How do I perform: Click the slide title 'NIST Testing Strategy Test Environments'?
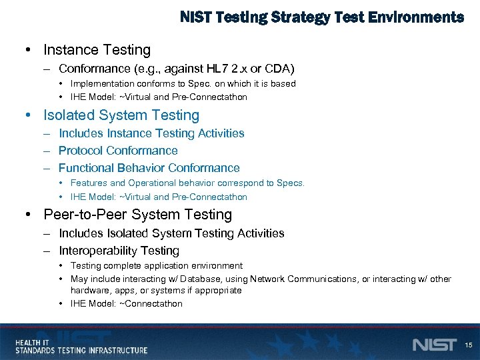pos(322,17)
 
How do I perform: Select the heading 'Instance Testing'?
pos(97,50)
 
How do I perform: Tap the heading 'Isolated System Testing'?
pos(121,115)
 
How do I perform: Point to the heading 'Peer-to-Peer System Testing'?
pos(137,215)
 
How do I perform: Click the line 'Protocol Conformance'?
pos(118,151)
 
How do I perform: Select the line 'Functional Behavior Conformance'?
pos(149,168)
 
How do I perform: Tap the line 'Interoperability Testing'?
pos(119,251)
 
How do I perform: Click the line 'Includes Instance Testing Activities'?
pos(151,133)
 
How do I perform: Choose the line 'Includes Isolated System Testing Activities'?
pos(171,233)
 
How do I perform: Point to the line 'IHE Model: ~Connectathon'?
pos(126,304)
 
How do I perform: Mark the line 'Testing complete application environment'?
pos(156,266)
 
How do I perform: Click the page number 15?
pos(468,345)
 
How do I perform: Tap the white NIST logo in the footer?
pos(435,345)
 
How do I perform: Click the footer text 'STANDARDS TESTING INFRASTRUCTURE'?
pos(81,350)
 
